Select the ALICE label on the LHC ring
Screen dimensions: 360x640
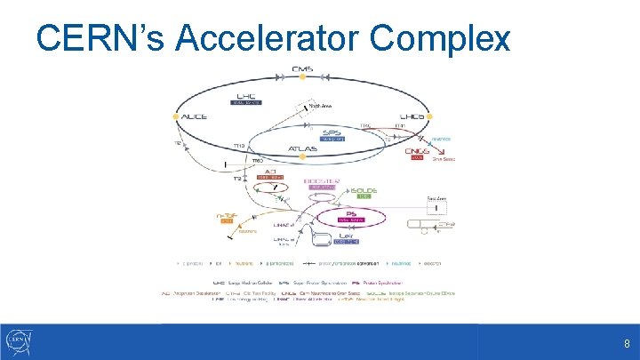pyautogui.click(x=194, y=116)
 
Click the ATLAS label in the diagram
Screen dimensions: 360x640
pyautogui.click(x=302, y=148)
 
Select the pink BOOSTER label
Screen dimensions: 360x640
pyautogui.click(x=322, y=180)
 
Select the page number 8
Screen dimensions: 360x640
pyautogui.click(x=627, y=342)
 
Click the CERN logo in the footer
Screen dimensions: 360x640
pyautogui.click(x=20, y=341)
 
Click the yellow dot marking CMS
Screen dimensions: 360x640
pyautogui.click(x=303, y=77)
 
